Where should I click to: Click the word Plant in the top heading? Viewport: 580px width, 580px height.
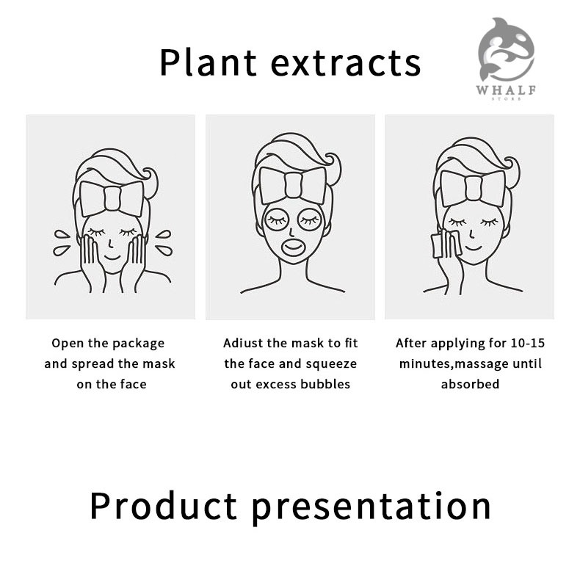click(209, 62)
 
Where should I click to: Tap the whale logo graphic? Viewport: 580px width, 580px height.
click(506, 49)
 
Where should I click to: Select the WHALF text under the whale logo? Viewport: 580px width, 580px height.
click(506, 90)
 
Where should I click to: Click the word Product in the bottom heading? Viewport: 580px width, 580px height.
click(163, 506)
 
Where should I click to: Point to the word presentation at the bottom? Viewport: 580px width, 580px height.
click(371, 507)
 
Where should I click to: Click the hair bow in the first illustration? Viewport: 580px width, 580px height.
click(112, 199)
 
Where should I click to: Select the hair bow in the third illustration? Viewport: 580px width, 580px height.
click(473, 189)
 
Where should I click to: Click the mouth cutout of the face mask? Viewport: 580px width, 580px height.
click(293, 247)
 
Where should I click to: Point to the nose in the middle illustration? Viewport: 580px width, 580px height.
click(291, 233)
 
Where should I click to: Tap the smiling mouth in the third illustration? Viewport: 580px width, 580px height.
click(473, 247)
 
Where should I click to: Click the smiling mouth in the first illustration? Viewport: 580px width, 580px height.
click(112, 257)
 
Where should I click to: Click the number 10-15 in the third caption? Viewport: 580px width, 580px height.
click(527, 344)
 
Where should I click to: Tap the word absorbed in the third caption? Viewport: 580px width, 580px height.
click(470, 384)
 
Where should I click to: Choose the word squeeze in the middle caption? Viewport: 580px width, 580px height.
click(331, 364)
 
